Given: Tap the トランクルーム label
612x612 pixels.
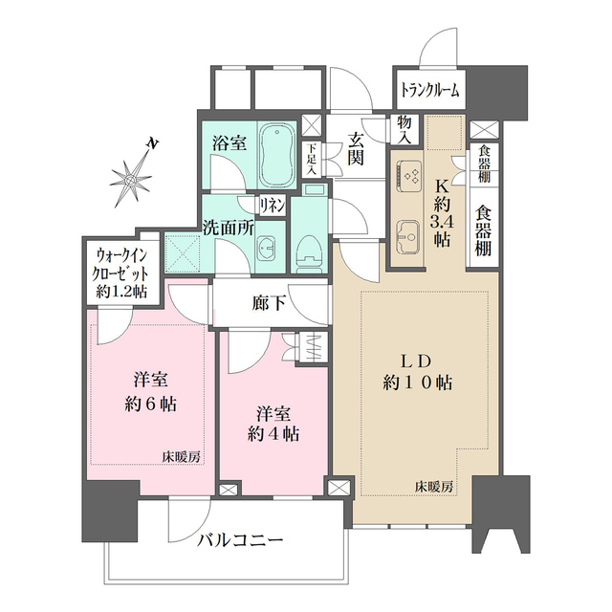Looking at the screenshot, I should coord(429,92).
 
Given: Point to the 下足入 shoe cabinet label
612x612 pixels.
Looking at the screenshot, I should coord(311,156).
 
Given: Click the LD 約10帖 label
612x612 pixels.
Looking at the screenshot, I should coord(418,372).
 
